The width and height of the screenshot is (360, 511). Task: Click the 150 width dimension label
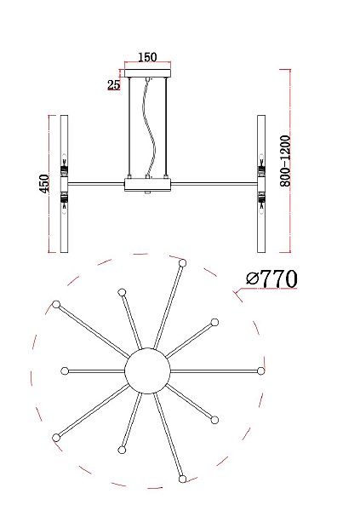[x=147, y=57]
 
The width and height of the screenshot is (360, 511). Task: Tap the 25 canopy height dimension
[x=114, y=84]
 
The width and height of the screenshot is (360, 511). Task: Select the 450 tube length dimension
[x=44, y=183]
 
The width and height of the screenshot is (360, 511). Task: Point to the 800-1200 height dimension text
[x=285, y=161]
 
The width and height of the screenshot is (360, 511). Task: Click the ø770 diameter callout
[x=271, y=278]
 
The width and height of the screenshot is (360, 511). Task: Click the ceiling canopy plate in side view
[x=147, y=73]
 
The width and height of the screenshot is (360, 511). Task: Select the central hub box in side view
[x=147, y=185]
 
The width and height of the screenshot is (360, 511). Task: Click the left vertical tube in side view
[x=64, y=183]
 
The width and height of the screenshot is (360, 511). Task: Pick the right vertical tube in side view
[x=261, y=183]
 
